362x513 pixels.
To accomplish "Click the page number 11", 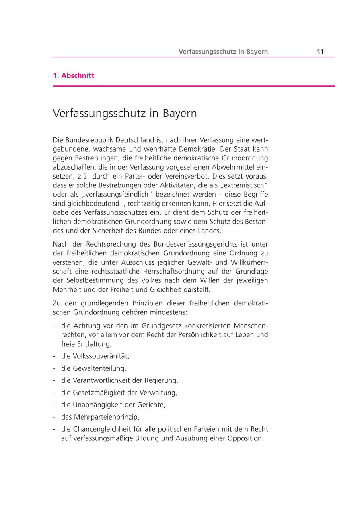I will [x=320, y=52].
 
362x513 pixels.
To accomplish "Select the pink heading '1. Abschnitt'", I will [x=74, y=75].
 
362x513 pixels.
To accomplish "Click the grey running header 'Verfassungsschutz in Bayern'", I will [x=223, y=52].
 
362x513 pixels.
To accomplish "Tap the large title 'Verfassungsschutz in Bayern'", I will [x=125, y=114].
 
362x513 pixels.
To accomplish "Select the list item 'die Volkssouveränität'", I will [x=95, y=356].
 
